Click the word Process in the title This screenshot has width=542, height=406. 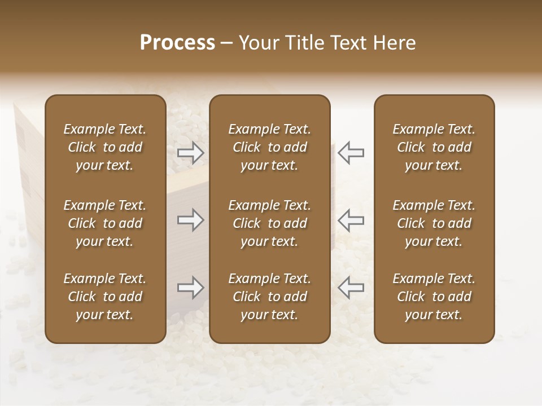pyautogui.click(x=177, y=43)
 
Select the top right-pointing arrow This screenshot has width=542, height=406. pyautogui.click(x=190, y=152)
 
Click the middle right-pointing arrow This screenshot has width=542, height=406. pyautogui.click(x=190, y=220)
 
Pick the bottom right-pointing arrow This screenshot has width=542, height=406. pyautogui.click(x=190, y=288)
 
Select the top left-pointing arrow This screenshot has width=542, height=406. pyautogui.click(x=351, y=152)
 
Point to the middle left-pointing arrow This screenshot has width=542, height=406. pyautogui.click(x=351, y=220)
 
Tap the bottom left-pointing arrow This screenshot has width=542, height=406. pyautogui.click(x=351, y=288)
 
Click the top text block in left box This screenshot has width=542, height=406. pyautogui.click(x=105, y=147)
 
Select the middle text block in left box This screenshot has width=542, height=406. pyautogui.click(x=105, y=223)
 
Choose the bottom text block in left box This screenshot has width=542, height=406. pyautogui.click(x=105, y=297)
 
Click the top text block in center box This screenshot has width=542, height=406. pyautogui.click(x=270, y=147)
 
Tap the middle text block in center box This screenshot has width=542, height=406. pyautogui.click(x=270, y=223)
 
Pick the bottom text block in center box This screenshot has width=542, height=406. pyautogui.click(x=270, y=297)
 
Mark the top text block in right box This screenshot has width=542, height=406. pyautogui.click(x=434, y=147)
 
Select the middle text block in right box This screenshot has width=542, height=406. pyautogui.click(x=434, y=223)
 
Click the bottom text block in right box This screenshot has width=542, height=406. pyautogui.click(x=434, y=297)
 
